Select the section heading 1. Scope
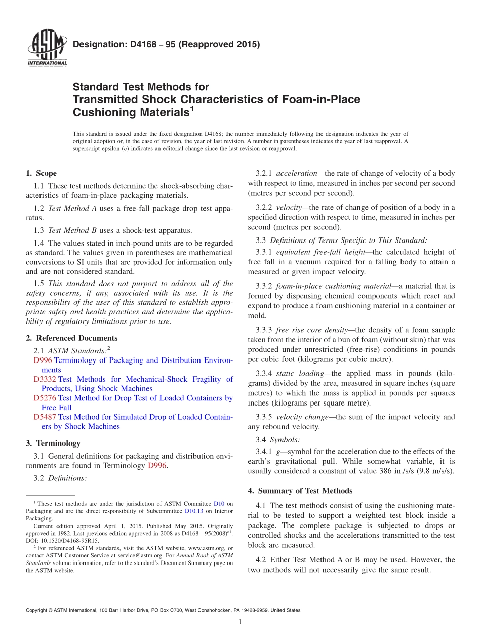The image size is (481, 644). (41, 173)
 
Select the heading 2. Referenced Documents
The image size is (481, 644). (71, 338)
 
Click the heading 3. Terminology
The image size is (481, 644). (53, 443)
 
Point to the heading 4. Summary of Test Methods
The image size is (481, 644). (300, 491)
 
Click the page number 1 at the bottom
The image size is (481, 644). (240, 622)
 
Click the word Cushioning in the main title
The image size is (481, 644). (105, 112)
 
